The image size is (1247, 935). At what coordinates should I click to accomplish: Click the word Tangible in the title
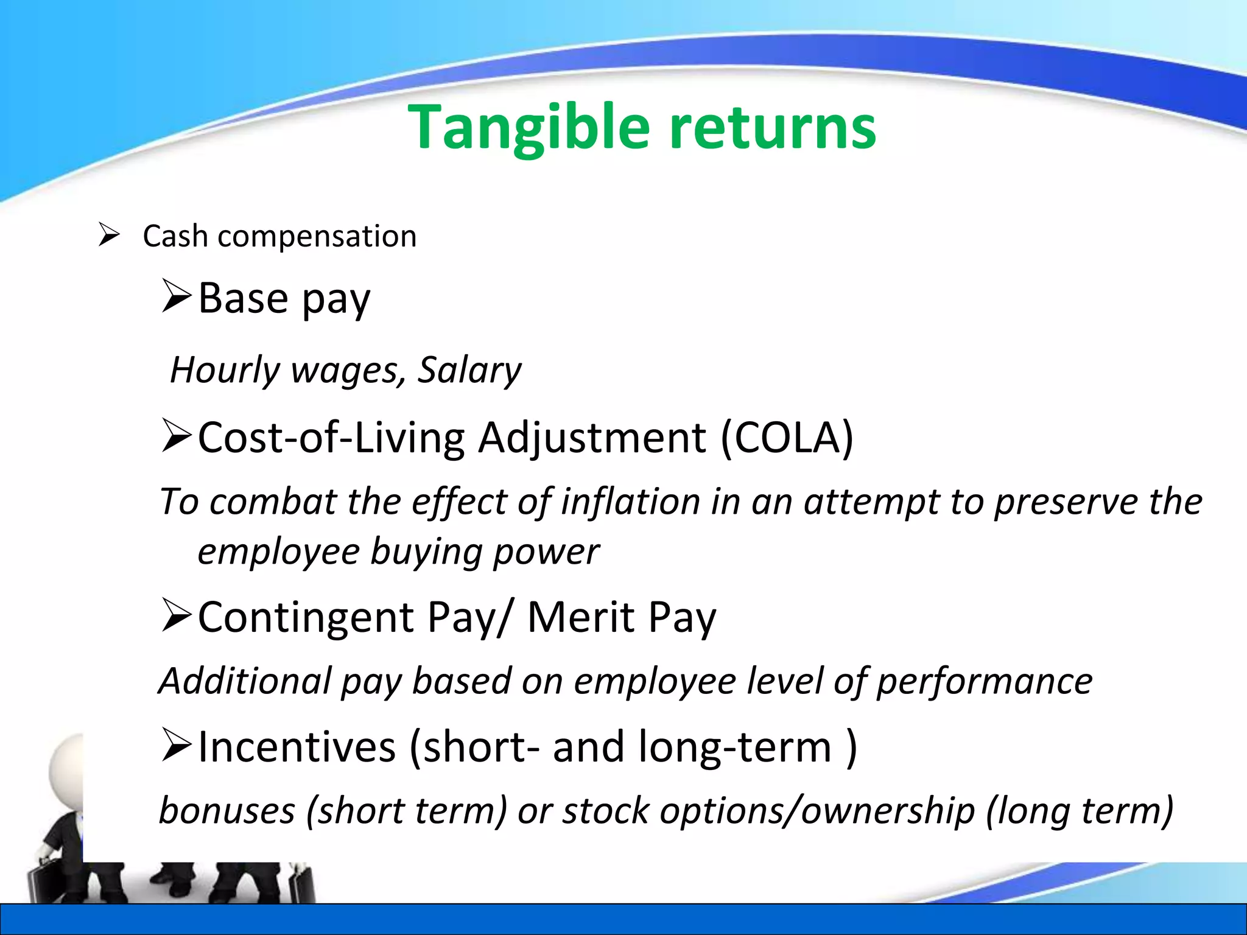[x=530, y=128]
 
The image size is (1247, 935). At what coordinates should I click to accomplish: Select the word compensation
[x=317, y=237]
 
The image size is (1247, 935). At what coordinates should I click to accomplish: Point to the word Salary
[x=469, y=370]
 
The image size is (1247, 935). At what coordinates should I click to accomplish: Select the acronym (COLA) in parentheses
[x=787, y=437]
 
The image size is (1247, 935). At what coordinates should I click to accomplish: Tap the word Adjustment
[x=592, y=438]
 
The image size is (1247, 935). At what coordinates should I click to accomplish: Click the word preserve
[x=1066, y=503]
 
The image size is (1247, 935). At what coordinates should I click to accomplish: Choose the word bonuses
[x=227, y=811]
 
